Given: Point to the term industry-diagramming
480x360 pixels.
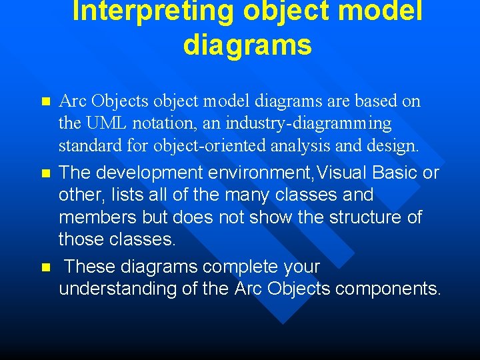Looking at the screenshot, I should (309, 123).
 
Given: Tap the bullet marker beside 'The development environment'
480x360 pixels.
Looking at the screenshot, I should (45, 173).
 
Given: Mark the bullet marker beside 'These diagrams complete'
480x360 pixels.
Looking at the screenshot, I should (45, 267).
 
